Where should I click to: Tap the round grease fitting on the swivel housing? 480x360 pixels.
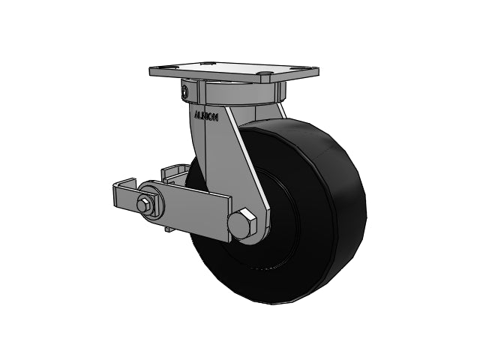tap(184, 94)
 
